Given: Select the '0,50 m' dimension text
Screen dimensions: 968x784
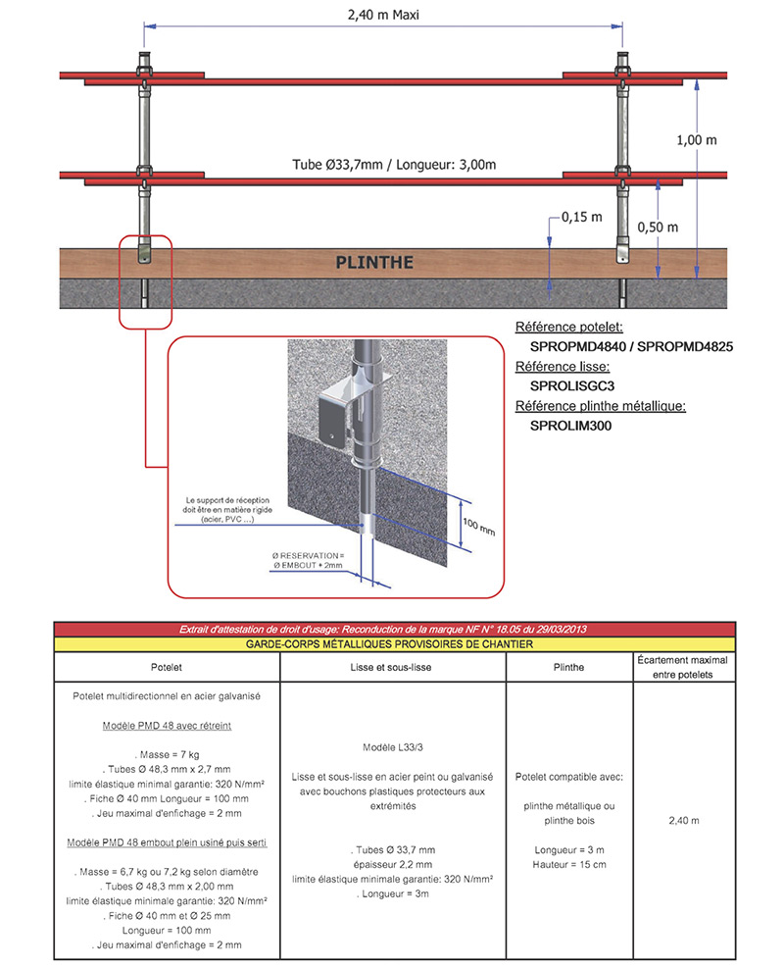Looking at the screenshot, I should coord(657,227).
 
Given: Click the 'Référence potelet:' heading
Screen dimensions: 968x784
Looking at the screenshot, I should coord(569,327).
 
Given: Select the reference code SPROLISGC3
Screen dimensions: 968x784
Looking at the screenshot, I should coord(571,385).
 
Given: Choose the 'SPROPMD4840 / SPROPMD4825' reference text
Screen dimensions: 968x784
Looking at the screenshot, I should coord(631,346).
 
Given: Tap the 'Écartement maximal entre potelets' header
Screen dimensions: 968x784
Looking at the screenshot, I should coord(684,667).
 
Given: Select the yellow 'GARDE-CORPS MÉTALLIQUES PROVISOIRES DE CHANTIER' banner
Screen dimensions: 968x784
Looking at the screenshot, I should coord(394,644).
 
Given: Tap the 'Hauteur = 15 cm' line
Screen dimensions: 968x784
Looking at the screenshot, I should coord(569,864).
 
